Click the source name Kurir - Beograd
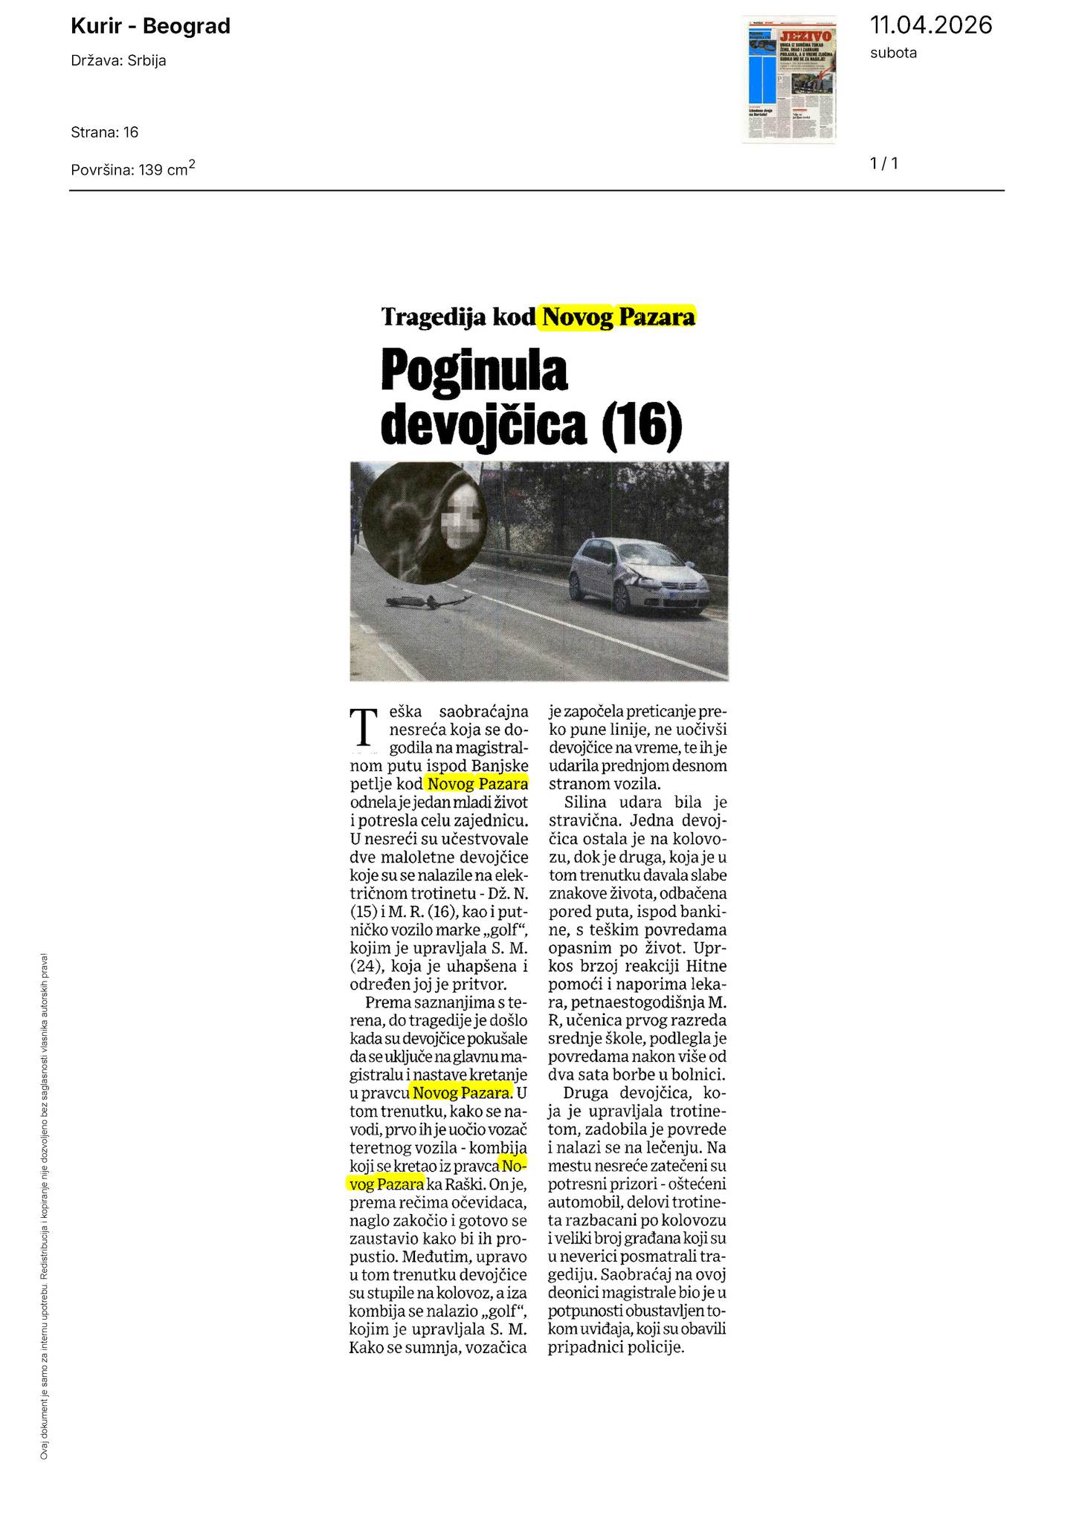pos(150,27)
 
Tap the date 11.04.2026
pos(930,25)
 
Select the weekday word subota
pos(893,53)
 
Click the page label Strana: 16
pos(105,132)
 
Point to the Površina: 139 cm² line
pos(133,169)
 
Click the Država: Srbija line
pos(118,61)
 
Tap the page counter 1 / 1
pos(884,163)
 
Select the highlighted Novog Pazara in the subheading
pos(619,317)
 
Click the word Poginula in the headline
pos(474,372)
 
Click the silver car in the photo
pos(639,574)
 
